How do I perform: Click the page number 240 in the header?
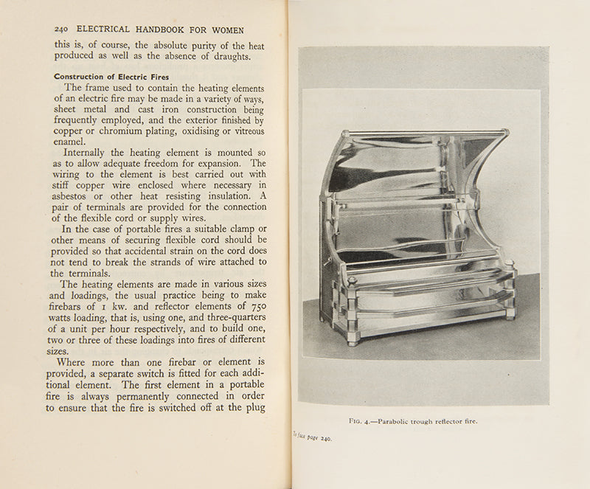(62, 30)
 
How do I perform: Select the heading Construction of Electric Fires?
(111, 76)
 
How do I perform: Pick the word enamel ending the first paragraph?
(70, 142)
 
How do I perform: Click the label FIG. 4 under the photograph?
(361, 421)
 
